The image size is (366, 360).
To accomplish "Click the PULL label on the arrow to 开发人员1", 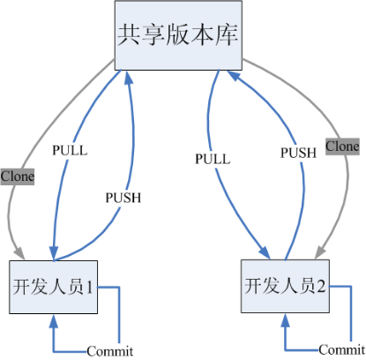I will pos(71,150).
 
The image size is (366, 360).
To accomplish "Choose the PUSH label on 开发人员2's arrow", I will pos(298,153).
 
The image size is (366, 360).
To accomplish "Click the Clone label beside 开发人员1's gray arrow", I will pos(18,176).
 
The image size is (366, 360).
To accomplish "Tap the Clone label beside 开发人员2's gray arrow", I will pos(342,145).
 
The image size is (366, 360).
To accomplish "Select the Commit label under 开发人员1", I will pos(109,351).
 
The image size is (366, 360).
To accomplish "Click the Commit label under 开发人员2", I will pos(341,349).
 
